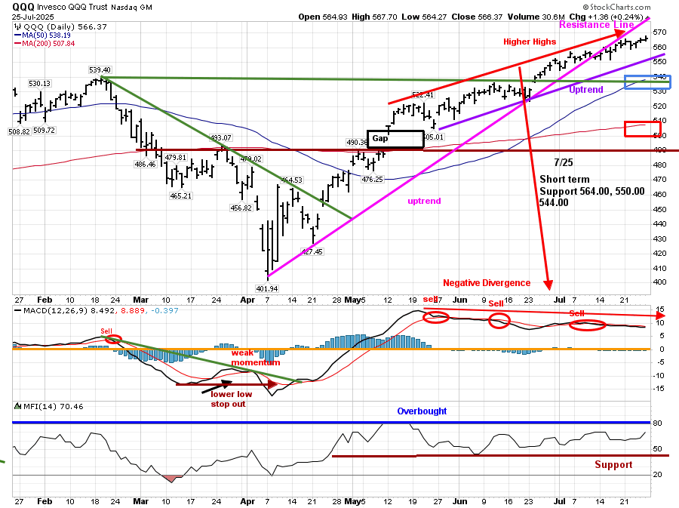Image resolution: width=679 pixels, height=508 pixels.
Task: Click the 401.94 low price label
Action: [x=268, y=288]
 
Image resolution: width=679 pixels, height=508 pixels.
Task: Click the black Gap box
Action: [x=395, y=139]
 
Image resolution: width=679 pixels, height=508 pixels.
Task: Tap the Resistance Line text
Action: [x=596, y=24]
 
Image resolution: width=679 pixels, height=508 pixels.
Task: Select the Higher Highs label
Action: [x=530, y=42]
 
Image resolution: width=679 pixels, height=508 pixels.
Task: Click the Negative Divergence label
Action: [x=487, y=283]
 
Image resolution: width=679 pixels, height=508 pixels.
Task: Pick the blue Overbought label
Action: [x=422, y=411]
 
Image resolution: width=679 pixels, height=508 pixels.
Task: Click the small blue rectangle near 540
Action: [x=637, y=82]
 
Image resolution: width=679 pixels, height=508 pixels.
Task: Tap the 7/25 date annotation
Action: [x=562, y=162]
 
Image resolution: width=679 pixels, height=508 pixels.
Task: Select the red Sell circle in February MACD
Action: [x=113, y=339]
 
